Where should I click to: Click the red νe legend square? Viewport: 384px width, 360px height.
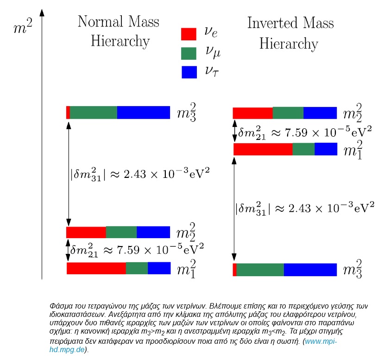[x=189, y=34]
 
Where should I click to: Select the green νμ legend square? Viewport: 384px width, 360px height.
[x=189, y=53]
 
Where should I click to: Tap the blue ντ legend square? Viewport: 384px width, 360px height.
[x=189, y=72]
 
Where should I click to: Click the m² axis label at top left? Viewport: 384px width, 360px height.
[x=23, y=28]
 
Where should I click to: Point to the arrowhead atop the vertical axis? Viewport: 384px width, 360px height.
[x=42, y=10]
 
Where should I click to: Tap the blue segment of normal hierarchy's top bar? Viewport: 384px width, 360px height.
[x=143, y=113]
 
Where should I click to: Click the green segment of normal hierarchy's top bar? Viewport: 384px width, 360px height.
[x=93, y=113]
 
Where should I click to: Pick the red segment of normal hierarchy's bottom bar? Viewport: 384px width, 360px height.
[x=96, y=268]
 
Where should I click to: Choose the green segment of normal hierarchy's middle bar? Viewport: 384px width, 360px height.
[x=121, y=232]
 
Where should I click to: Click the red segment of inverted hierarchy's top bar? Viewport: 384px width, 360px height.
[x=252, y=113]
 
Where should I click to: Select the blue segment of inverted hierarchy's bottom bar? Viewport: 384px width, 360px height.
[x=310, y=270]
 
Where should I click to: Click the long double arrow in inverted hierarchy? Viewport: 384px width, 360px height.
[x=234, y=210]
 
